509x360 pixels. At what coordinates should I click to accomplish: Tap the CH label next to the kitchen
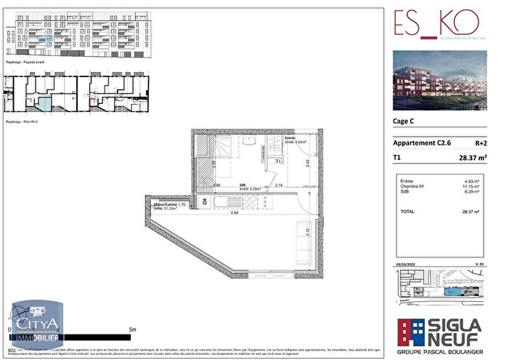[x=205, y=201]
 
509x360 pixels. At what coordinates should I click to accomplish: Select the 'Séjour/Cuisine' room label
[x=177, y=205]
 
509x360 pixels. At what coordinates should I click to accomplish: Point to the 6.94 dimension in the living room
[x=235, y=213]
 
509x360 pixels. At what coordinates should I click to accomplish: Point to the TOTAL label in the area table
[x=407, y=212]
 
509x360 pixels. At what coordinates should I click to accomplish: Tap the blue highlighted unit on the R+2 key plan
[x=45, y=105]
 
